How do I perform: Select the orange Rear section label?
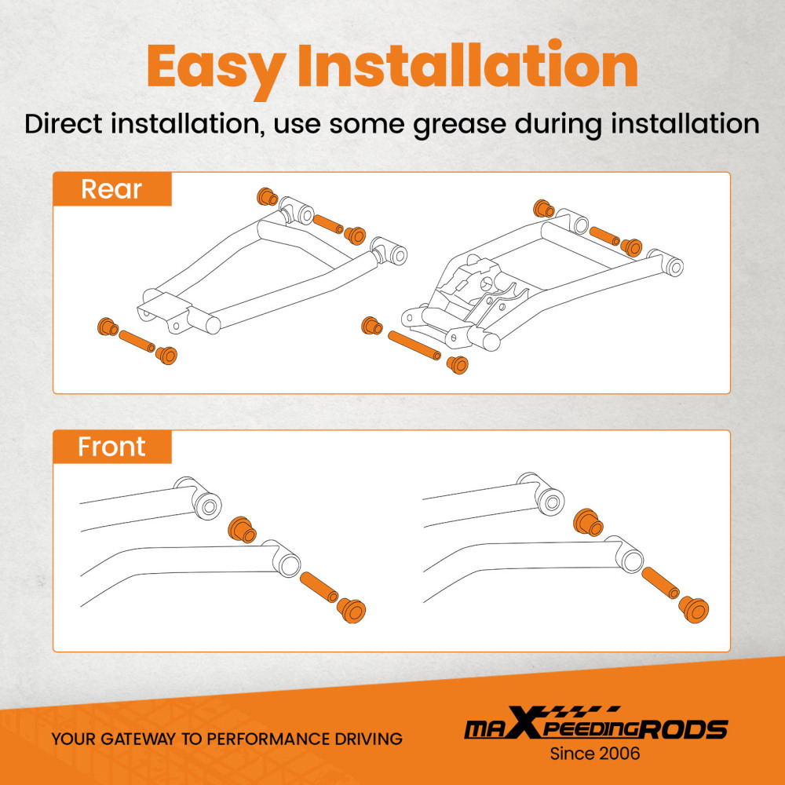coord(112,189)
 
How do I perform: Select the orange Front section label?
coord(112,447)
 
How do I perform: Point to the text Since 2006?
coord(595,754)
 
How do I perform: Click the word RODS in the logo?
coord(684,729)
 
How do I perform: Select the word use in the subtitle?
coord(297,125)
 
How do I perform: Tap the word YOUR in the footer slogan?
coord(71,739)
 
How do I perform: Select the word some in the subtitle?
coord(367,125)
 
